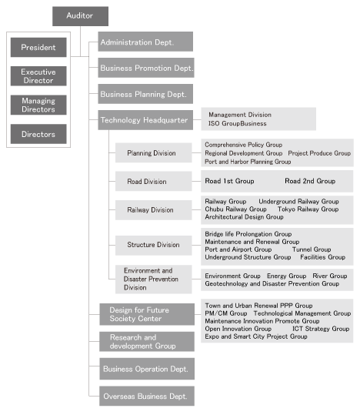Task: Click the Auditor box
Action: pyautogui.click(x=80, y=16)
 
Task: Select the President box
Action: pyautogui.click(x=38, y=48)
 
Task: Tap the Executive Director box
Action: pyautogui.click(x=38, y=76)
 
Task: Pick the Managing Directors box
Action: pyautogui.click(x=38, y=105)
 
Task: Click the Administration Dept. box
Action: pyautogui.click(x=145, y=42)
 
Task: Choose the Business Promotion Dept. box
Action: pyautogui.click(x=146, y=68)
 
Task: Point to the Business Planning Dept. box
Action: pyautogui.click(x=145, y=94)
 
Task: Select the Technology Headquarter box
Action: pyautogui.click(x=145, y=120)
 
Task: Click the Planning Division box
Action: pyautogui.click(x=153, y=152)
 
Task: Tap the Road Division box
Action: pyautogui.click(x=153, y=181)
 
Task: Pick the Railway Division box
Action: pyautogui.click(x=153, y=210)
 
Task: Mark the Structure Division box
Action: pyautogui.click(x=153, y=246)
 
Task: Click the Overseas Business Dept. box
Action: pyautogui.click(x=147, y=397)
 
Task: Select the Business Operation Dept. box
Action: pyautogui.click(x=147, y=369)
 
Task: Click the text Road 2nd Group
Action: pyautogui.click(x=310, y=181)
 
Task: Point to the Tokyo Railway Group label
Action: pyautogui.click(x=308, y=209)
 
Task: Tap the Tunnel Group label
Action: pyautogui.click(x=312, y=249)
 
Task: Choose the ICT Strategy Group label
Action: pyautogui.click(x=321, y=329)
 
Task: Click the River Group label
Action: pyautogui.click(x=330, y=276)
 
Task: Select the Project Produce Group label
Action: pyautogui.click(x=319, y=153)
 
